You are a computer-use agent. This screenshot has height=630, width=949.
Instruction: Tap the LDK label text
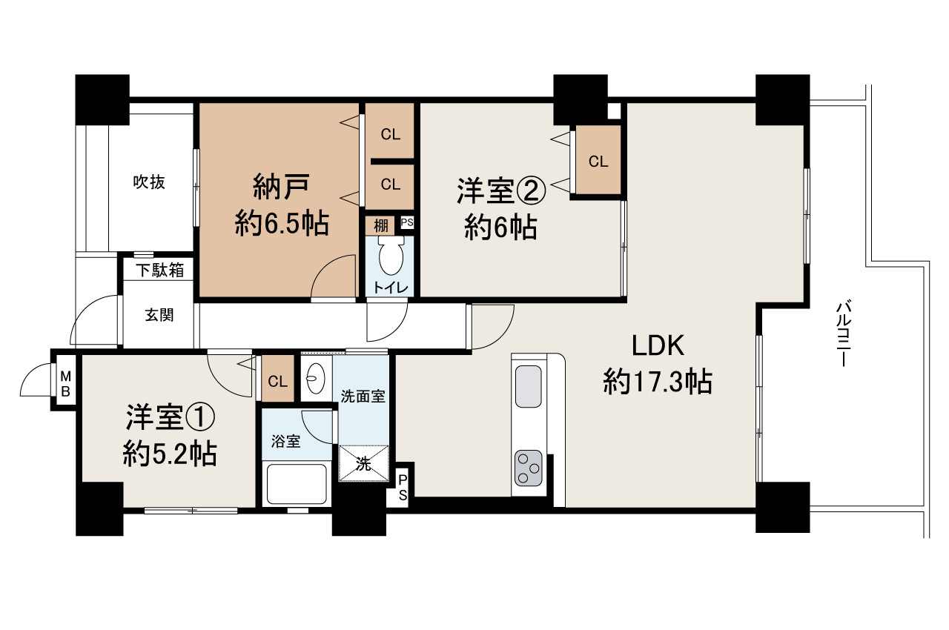pos(657,346)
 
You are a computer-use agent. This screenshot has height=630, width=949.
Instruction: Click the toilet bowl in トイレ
pos(390,259)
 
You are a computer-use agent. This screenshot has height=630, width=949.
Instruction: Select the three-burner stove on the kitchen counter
pos(529,468)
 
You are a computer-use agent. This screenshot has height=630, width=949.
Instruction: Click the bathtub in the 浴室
pos(297,485)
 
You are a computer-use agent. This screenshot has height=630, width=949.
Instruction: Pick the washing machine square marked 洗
pos(363,464)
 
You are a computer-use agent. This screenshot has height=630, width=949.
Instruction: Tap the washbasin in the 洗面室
pos(315,379)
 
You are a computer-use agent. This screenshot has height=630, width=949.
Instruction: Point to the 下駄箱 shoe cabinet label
pos(159,270)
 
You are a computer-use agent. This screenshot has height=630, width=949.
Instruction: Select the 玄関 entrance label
pos(159,315)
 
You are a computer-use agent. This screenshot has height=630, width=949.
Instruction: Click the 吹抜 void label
pos(149,182)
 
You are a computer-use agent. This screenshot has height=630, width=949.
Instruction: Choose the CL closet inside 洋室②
pos(598,161)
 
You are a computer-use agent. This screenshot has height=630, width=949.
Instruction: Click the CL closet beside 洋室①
pos(278,382)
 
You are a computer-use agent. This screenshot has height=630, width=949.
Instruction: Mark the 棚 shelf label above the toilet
pos(380,225)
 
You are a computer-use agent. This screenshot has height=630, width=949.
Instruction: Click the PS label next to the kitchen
pos(403,488)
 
